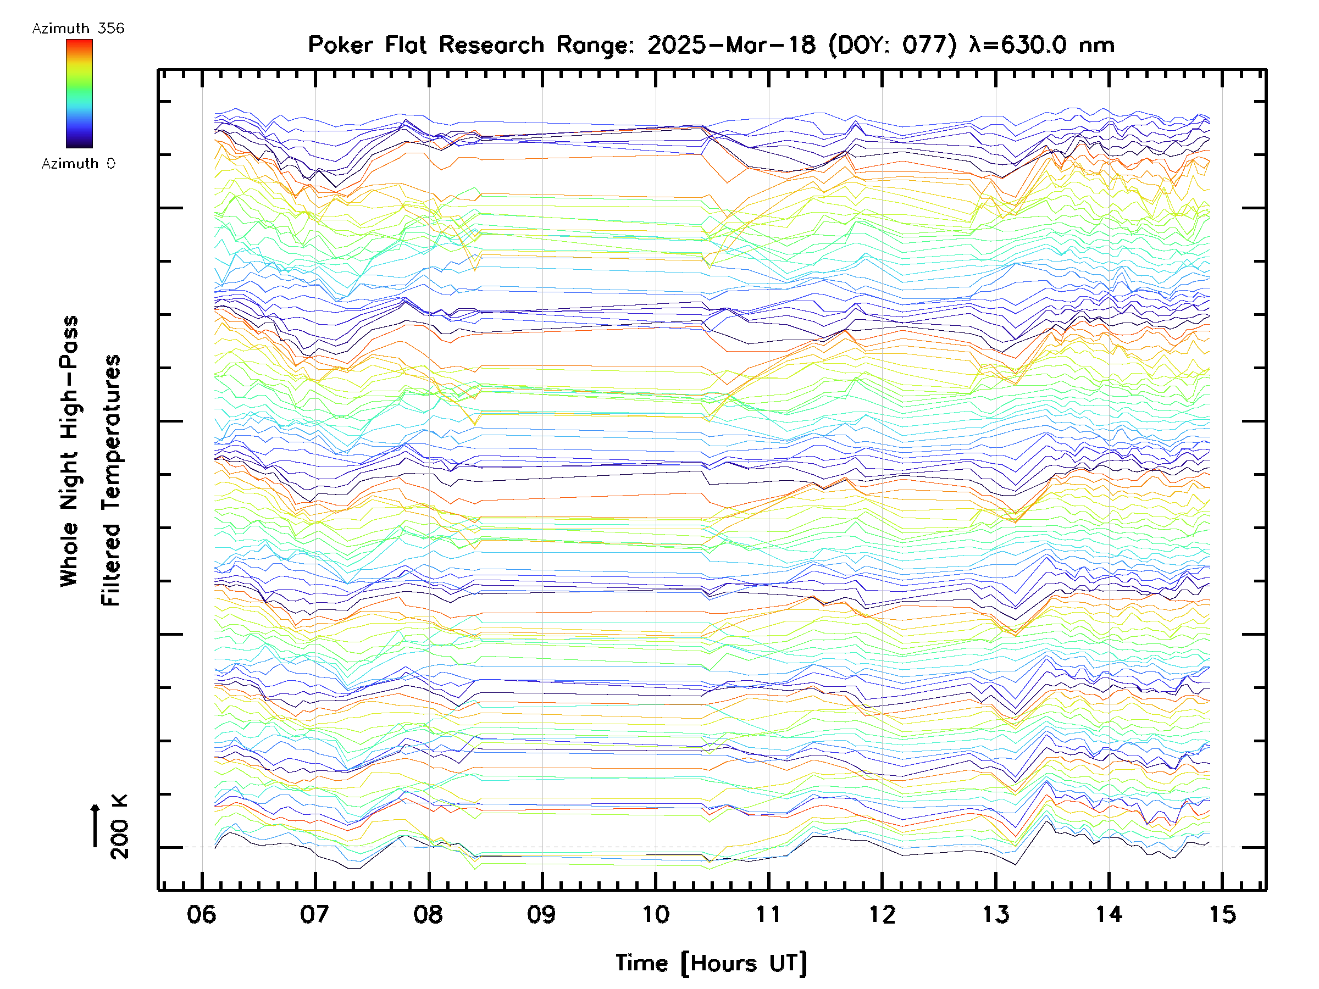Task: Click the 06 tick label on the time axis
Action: click(201, 914)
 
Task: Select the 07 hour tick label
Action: click(314, 914)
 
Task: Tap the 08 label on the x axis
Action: click(428, 914)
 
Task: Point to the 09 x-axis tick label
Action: click(541, 914)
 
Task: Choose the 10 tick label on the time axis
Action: click(655, 914)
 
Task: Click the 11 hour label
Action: click(769, 914)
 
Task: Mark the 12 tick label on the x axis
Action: click(882, 914)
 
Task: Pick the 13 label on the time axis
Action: click(996, 914)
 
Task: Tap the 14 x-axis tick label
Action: click(1109, 914)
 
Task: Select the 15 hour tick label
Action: click(1222, 914)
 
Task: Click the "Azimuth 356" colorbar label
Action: click(78, 29)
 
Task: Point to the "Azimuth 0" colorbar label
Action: click(78, 163)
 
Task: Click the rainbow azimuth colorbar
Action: click(79, 93)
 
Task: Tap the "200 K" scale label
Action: click(119, 827)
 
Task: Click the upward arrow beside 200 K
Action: click(96, 825)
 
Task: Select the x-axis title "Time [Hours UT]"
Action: click(711, 963)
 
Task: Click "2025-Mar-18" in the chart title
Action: click(731, 45)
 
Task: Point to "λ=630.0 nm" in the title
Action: click(1041, 45)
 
